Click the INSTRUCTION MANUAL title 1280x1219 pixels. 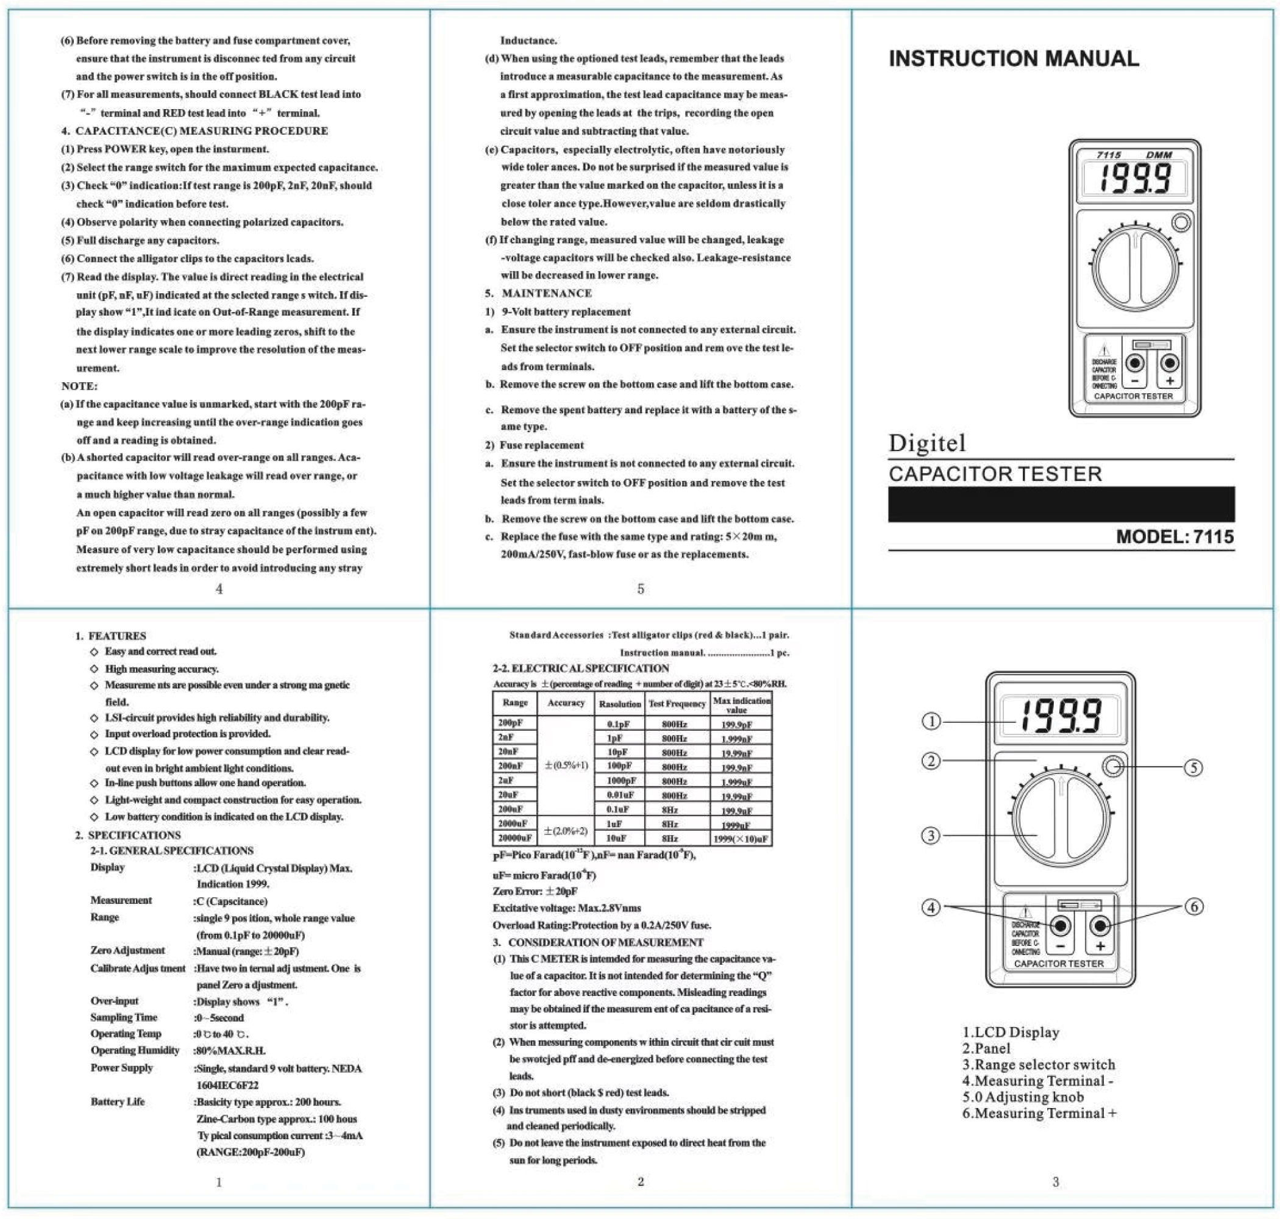pyautogui.click(x=1013, y=59)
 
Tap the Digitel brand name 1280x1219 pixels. pyautogui.click(x=926, y=443)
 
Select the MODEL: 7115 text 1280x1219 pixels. pyautogui.click(x=1174, y=537)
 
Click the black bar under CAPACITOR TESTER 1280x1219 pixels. pyautogui.click(x=1061, y=504)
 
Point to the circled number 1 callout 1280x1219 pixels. pyautogui.click(x=931, y=721)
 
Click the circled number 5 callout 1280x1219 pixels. pyautogui.click(x=1193, y=767)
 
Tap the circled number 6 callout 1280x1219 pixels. pyautogui.click(x=1194, y=906)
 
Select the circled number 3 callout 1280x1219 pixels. pyautogui.click(x=931, y=836)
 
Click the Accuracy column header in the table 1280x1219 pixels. pyautogui.click(x=565, y=703)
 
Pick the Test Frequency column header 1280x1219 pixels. pyautogui.click(x=677, y=704)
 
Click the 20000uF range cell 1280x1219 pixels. pyautogui.click(x=514, y=839)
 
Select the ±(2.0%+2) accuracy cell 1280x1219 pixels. pyautogui.click(x=565, y=831)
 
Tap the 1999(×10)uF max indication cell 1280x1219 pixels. pyautogui.click(x=741, y=839)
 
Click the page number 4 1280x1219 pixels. pyautogui.click(x=219, y=589)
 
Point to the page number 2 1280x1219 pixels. pyautogui.click(x=640, y=1182)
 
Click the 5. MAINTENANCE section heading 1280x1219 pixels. pyautogui.click(x=539, y=294)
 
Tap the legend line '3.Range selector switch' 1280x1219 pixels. pyautogui.click(x=1038, y=1065)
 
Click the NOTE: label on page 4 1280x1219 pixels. pyautogui.click(x=79, y=386)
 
